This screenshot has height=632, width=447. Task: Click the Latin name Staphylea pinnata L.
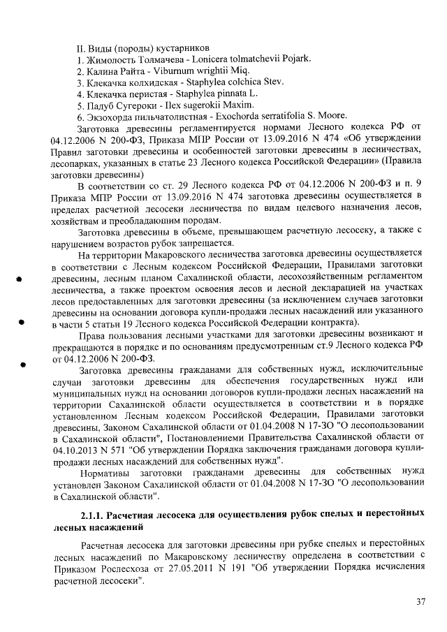216,94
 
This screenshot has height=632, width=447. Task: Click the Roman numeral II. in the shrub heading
81,50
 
